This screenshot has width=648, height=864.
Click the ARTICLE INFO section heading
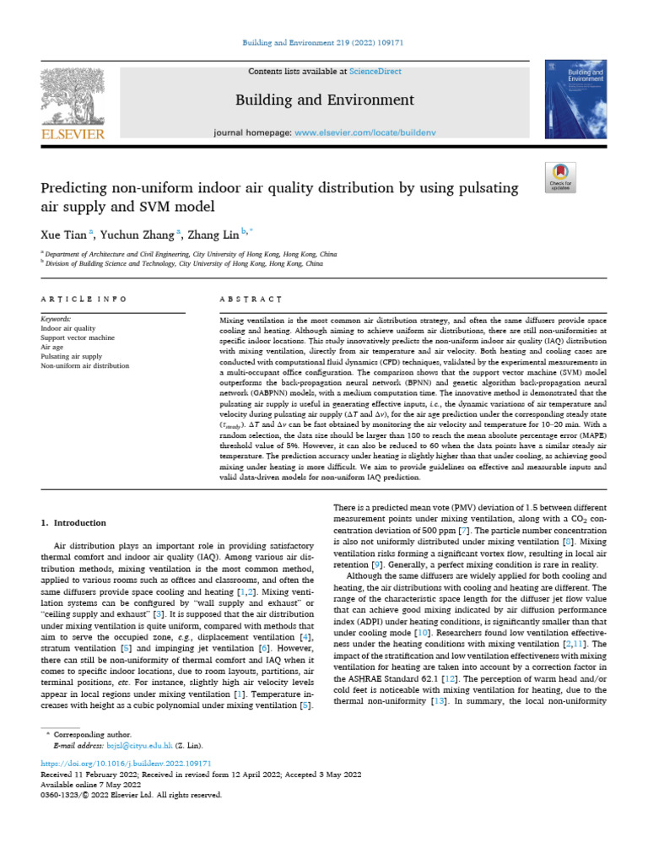pyautogui.click(x=84, y=299)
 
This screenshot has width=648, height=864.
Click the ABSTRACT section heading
pyautogui.click(x=251, y=299)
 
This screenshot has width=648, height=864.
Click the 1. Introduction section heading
pyautogui.click(x=74, y=523)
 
